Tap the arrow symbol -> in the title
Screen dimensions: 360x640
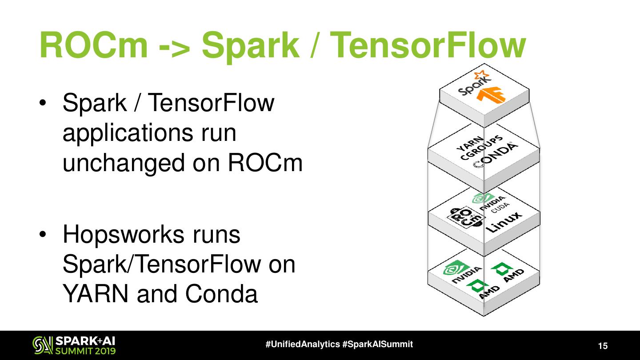click(x=175, y=45)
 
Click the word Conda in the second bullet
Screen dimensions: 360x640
click(x=221, y=294)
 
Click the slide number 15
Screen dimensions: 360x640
click(x=603, y=346)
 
